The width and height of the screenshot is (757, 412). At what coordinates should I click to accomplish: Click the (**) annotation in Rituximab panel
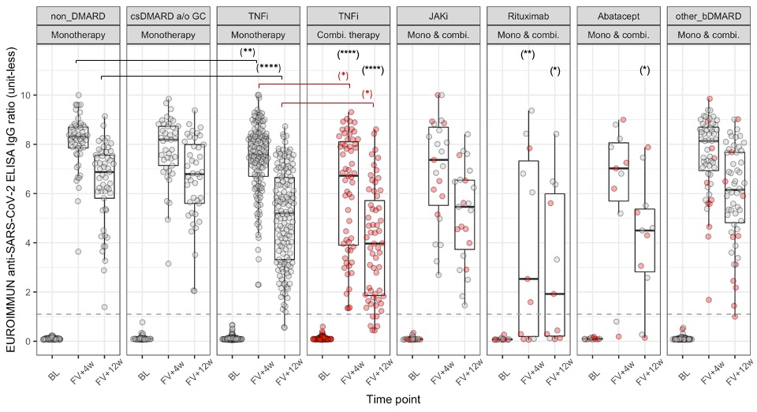[x=528, y=54]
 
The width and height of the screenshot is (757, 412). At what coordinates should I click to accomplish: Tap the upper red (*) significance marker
[x=343, y=76]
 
